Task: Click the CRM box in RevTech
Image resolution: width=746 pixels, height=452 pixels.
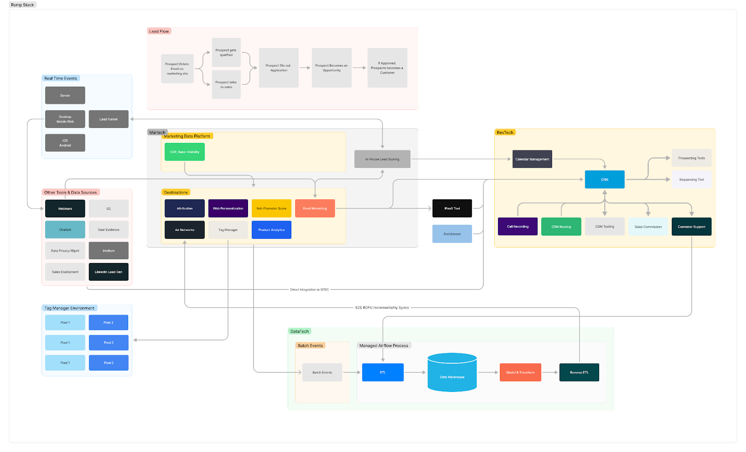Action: pos(604,179)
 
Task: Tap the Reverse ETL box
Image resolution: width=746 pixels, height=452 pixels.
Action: pos(579,372)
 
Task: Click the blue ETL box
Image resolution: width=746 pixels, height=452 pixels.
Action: pos(382,372)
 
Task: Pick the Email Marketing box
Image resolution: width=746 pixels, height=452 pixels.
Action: pos(315,209)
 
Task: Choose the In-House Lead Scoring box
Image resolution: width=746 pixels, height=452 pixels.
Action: pos(382,159)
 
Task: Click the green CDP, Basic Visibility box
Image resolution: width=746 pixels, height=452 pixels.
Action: pos(184,152)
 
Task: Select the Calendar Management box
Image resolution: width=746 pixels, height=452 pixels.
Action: pos(532,159)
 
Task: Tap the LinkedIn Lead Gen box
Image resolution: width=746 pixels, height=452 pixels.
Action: pos(108,272)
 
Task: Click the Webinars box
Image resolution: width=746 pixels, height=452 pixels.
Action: pos(65,209)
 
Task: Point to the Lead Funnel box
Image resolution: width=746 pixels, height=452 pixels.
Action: pos(108,119)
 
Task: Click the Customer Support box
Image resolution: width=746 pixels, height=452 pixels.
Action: pos(691,227)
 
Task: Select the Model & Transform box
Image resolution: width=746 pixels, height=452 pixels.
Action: pos(520,372)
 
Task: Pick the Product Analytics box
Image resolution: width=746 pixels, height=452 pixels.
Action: pos(271,230)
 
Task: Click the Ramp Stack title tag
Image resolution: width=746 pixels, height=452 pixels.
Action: pos(22,5)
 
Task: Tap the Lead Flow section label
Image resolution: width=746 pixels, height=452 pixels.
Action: pos(159,31)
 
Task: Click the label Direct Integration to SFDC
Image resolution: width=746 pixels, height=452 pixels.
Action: pos(309,290)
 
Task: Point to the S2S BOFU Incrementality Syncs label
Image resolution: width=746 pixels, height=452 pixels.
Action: pos(381,308)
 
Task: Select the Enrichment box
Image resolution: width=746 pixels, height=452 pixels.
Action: pos(452,234)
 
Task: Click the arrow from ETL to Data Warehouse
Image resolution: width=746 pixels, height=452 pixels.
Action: pos(415,372)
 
